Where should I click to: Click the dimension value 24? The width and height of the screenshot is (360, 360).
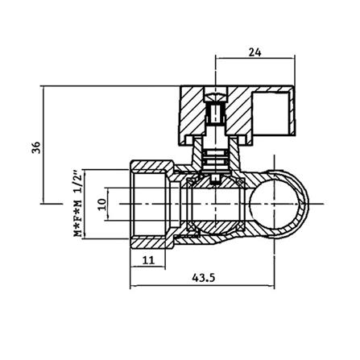[254, 52]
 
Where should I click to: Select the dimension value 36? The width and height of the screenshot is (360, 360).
[36, 147]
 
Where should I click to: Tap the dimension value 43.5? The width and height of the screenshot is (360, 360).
[204, 278]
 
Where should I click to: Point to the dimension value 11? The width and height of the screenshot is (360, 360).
[148, 260]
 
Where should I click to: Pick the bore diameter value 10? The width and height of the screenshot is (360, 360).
[101, 205]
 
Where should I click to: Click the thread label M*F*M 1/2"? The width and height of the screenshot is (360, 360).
[77, 203]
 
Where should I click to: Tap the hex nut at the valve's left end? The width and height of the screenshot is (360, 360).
[152, 205]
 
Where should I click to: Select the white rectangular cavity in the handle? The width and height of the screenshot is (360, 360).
[271, 113]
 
